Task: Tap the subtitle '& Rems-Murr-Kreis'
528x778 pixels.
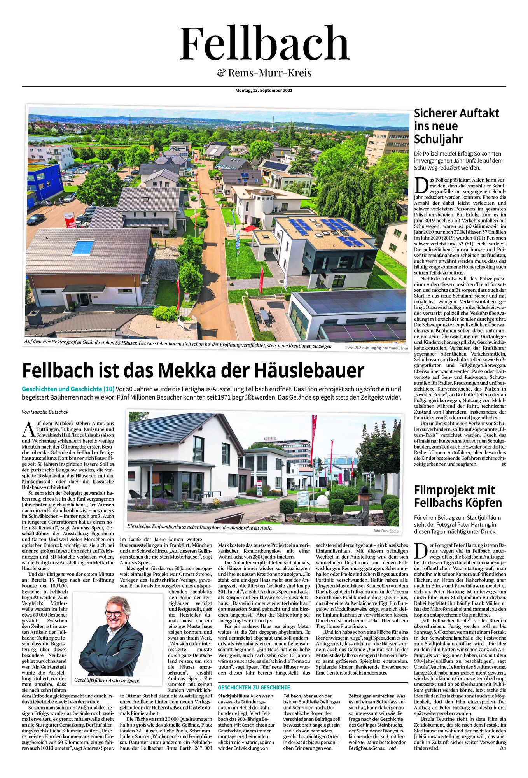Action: [x=264, y=73]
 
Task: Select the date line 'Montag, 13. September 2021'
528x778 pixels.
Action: [x=264, y=91]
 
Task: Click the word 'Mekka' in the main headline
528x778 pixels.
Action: [x=205, y=370]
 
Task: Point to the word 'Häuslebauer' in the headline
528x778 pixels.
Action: [x=309, y=370]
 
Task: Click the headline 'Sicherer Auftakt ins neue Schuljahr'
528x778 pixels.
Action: [x=456, y=126]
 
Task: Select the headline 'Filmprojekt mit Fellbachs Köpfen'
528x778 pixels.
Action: [x=458, y=496]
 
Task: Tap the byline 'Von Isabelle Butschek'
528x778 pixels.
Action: [x=45, y=412]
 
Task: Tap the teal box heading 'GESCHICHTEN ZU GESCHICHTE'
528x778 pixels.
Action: [x=254, y=687]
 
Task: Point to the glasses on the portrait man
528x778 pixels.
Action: [x=113, y=613]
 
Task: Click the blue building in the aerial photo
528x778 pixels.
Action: [x=44, y=180]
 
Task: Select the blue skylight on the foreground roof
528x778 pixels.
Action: [x=83, y=247]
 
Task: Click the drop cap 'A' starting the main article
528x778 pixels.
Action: [x=28, y=429]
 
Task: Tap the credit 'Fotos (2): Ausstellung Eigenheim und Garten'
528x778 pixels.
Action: [x=376, y=347]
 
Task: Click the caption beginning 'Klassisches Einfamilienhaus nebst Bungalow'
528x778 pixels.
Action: [x=199, y=528]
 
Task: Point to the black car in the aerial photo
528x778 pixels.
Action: [x=35, y=219]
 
